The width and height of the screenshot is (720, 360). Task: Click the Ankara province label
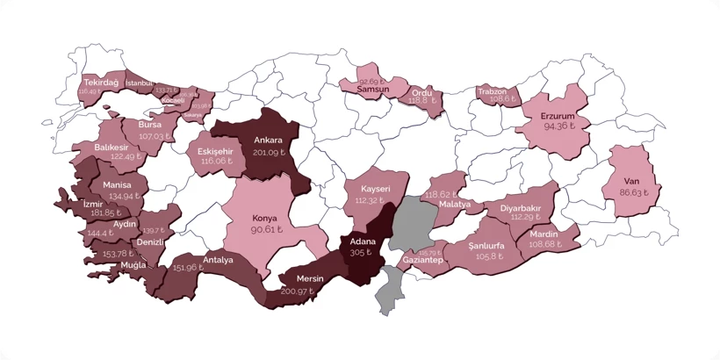(x=268, y=140)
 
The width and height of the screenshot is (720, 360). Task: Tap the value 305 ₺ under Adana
(x=359, y=252)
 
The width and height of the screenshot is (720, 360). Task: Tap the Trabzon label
(x=493, y=90)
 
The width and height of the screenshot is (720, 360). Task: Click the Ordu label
(x=422, y=91)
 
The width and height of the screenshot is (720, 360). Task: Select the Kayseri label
(x=375, y=189)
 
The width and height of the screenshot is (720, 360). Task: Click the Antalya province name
(x=218, y=260)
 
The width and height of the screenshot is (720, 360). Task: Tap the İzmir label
(x=92, y=203)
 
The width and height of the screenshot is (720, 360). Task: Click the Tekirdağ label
(x=101, y=82)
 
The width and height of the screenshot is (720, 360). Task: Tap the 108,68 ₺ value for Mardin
(x=545, y=244)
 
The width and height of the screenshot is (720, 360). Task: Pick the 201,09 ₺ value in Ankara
(x=270, y=152)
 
